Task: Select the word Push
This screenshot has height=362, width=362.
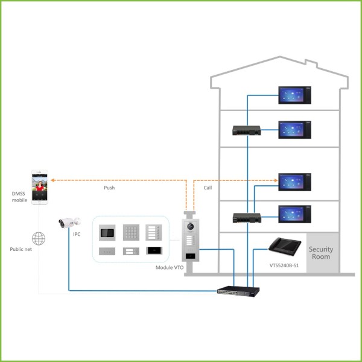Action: [x=109, y=188]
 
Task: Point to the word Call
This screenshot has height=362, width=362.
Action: [x=208, y=188]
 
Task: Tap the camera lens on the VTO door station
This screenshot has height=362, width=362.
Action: [x=191, y=226]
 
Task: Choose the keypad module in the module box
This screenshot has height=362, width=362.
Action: [x=131, y=232]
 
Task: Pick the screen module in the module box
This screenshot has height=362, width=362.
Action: [x=107, y=232]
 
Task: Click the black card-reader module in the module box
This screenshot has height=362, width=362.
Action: [x=154, y=252]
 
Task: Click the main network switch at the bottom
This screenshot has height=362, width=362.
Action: [x=238, y=290]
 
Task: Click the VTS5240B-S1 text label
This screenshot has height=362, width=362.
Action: [x=286, y=264]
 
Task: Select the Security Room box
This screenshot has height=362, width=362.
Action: [x=320, y=253]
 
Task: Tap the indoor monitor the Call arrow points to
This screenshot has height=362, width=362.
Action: [x=294, y=182]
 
